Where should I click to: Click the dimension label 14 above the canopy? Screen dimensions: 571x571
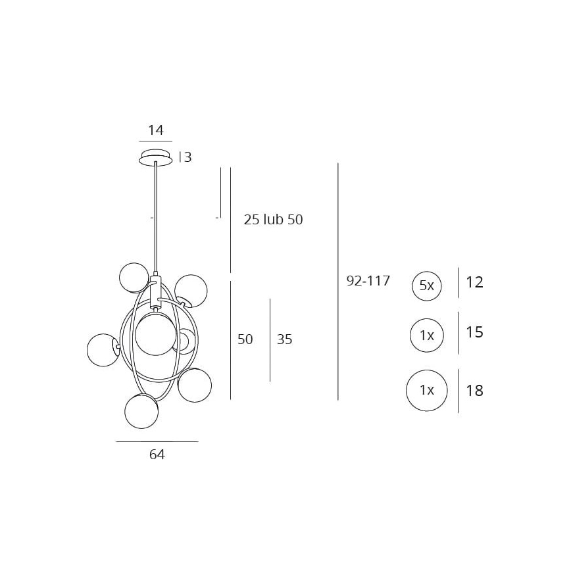coord(155,130)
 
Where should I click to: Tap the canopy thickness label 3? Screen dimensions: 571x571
coord(187,157)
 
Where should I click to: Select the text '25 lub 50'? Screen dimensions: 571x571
coord(273,220)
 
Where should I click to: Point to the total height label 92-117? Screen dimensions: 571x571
coord(368,281)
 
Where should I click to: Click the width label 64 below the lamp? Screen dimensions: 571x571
coord(157,455)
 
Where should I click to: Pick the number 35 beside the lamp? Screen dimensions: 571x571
coord(284,339)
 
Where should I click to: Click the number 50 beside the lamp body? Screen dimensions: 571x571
coord(245,339)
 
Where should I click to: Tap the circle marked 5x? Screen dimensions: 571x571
coord(427,286)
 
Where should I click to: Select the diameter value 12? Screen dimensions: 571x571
coord(474,282)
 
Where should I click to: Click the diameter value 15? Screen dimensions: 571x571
coord(474,332)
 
